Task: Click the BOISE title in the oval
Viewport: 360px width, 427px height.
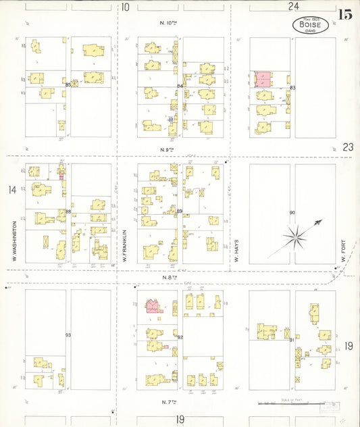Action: pyautogui.click(x=311, y=25)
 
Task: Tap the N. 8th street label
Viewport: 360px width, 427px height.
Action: pyautogui.click(x=168, y=276)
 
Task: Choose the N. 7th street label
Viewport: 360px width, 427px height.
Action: pyautogui.click(x=170, y=402)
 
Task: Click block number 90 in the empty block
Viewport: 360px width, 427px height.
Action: pyautogui.click(x=292, y=213)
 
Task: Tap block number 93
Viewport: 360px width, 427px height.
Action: pyautogui.click(x=68, y=335)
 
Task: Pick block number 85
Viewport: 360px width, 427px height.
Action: pyautogui.click(x=68, y=85)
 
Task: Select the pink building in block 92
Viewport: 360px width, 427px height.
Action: pyautogui.click(x=154, y=307)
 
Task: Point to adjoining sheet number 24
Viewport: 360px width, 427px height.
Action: pyautogui.click(x=293, y=7)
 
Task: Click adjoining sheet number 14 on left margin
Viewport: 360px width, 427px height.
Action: pyautogui.click(x=11, y=190)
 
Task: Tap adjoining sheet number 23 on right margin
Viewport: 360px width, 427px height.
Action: pyautogui.click(x=348, y=146)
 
